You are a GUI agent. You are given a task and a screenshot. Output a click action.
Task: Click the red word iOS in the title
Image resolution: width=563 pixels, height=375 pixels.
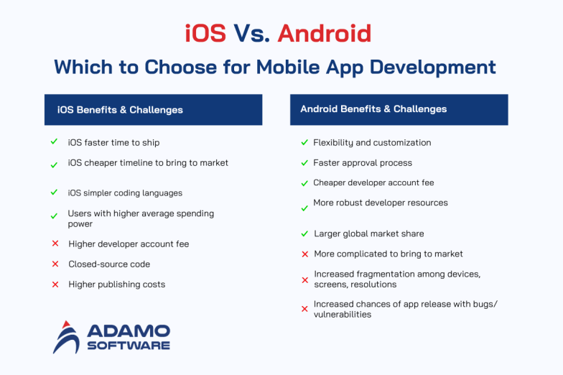[x=205, y=34]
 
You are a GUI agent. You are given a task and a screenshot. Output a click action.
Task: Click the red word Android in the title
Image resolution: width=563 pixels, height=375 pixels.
[x=325, y=34]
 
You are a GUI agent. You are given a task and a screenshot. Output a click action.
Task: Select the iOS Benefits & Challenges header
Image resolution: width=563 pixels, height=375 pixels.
[x=153, y=110]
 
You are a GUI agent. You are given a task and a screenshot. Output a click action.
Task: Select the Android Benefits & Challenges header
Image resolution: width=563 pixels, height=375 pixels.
[x=399, y=109]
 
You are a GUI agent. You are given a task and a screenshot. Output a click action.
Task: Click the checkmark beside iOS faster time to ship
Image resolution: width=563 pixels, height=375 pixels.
[x=54, y=142]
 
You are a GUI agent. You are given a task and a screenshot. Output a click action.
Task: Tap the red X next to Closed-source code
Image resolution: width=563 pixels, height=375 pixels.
[x=55, y=264]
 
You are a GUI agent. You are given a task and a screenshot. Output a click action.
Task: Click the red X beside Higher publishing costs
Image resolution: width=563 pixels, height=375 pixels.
[x=55, y=284]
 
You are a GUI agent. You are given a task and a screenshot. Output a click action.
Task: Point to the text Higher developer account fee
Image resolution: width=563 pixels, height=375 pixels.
[x=129, y=244]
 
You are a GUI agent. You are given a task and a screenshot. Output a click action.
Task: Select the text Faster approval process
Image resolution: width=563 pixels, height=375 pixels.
[x=363, y=163]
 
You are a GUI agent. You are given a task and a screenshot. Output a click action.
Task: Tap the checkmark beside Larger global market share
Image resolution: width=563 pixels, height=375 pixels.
[x=304, y=233]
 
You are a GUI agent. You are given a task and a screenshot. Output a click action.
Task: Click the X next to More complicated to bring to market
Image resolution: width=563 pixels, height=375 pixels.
[x=304, y=254]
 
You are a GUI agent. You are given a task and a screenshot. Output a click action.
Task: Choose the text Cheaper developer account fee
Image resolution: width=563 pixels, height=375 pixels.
[x=373, y=183]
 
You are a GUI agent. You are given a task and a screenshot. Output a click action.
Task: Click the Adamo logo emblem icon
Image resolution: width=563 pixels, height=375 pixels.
[x=68, y=337]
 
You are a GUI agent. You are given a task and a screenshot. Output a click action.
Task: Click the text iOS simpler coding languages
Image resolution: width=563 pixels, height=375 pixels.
[x=125, y=193]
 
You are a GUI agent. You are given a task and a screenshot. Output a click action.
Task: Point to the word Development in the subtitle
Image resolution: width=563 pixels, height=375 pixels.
[x=429, y=68]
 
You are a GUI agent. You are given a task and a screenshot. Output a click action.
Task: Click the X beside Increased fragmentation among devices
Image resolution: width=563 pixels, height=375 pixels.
[x=304, y=279]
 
